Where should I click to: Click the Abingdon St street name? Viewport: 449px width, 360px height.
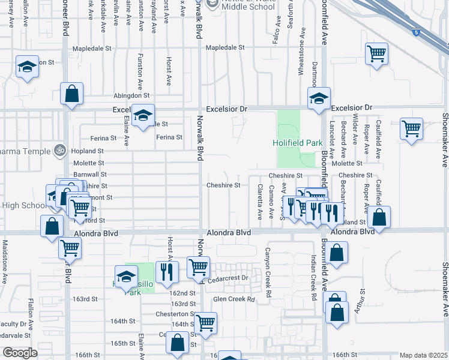click(131, 95)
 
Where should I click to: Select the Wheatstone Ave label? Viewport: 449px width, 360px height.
click(301, 58)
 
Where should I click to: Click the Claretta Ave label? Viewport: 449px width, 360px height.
click(260, 201)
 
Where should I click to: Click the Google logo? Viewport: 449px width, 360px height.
click(20, 353)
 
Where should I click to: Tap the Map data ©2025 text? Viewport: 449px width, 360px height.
click(423, 355)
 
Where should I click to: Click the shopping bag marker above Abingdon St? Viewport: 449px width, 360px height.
click(71, 94)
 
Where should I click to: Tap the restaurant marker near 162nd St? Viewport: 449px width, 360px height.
click(167, 271)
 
